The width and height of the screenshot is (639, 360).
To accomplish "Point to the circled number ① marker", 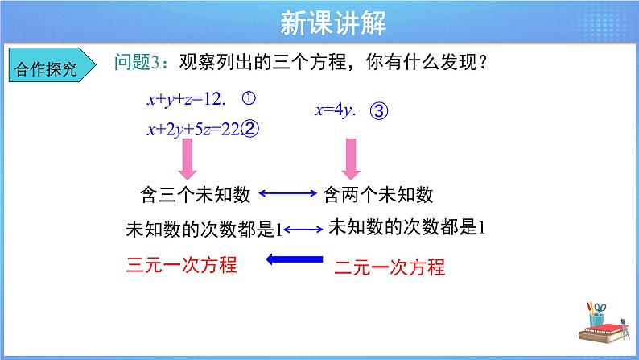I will click(248, 99).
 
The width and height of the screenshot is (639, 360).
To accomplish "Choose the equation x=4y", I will click(335, 111).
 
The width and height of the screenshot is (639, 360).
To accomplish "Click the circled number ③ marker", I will click(380, 112).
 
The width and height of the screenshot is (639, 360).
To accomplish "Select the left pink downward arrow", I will click(188, 159).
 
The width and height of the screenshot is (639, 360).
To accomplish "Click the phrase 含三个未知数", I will click(196, 194).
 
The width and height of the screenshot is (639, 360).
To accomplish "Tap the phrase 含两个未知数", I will click(377, 194).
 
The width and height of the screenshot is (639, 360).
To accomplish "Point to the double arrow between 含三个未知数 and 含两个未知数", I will click(287, 194).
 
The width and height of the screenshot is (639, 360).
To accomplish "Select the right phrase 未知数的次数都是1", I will click(407, 227).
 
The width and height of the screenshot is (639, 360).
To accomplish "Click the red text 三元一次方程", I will click(183, 264).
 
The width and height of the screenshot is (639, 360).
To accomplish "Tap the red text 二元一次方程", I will click(389, 267).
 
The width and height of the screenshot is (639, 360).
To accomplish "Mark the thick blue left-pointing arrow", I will click(295, 259).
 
